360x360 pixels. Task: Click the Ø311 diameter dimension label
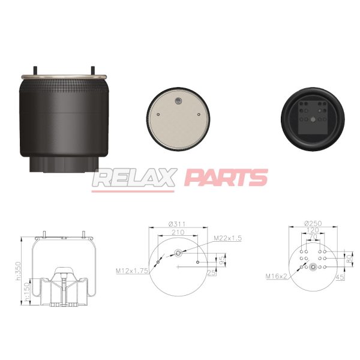pyautogui.click(x=177, y=224)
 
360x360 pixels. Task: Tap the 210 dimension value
pyautogui.click(x=178, y=232)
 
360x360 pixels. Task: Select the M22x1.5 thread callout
pyautogui.click(x=228, y=238)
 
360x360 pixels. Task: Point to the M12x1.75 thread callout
pyautogui.click(x=132, y=271)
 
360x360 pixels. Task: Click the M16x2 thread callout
pyautogui.click(x=276, y=276)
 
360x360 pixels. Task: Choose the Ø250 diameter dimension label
pyautogui.click(x=313, y=223)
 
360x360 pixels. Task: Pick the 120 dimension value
pyautogui.click(x=313, y=230)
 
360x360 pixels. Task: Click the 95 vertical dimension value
pyautogui.click(x=222, y=260)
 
